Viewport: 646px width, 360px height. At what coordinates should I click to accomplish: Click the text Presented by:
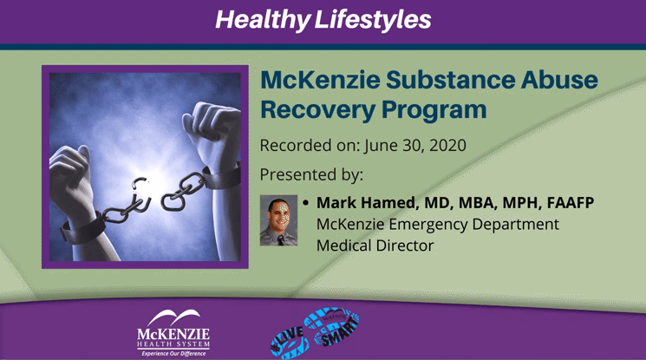tap(311, 174)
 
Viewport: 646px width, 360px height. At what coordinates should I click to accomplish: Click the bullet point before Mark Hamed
tap(305, 204)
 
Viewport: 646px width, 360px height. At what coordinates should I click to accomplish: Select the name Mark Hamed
tap(358, 203)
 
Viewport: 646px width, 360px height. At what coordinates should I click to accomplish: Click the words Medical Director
tap(375, 245)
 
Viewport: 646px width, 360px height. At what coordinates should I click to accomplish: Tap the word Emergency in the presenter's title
tap(427, 225)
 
